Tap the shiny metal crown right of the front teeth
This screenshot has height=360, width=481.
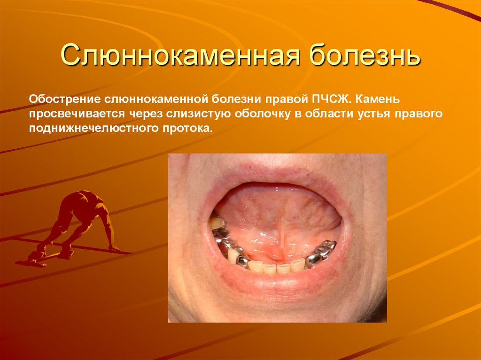pos(321,253)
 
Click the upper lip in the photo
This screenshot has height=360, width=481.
pos(277,171)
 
